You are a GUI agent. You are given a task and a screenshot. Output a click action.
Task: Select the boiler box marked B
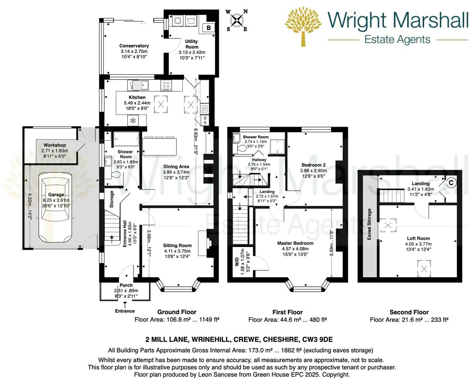point(209,28)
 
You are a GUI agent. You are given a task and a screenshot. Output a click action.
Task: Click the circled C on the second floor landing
point(451,183)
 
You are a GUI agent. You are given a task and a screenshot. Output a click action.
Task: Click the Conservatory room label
point(134,46)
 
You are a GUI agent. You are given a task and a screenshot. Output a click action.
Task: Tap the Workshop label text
point(54,145)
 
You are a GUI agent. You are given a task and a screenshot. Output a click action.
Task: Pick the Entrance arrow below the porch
point(125,304)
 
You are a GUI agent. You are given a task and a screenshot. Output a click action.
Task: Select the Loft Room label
point(418,238)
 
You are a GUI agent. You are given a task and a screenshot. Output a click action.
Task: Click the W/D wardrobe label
point(237,263)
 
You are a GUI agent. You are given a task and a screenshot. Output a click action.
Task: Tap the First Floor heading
point(288,312)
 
